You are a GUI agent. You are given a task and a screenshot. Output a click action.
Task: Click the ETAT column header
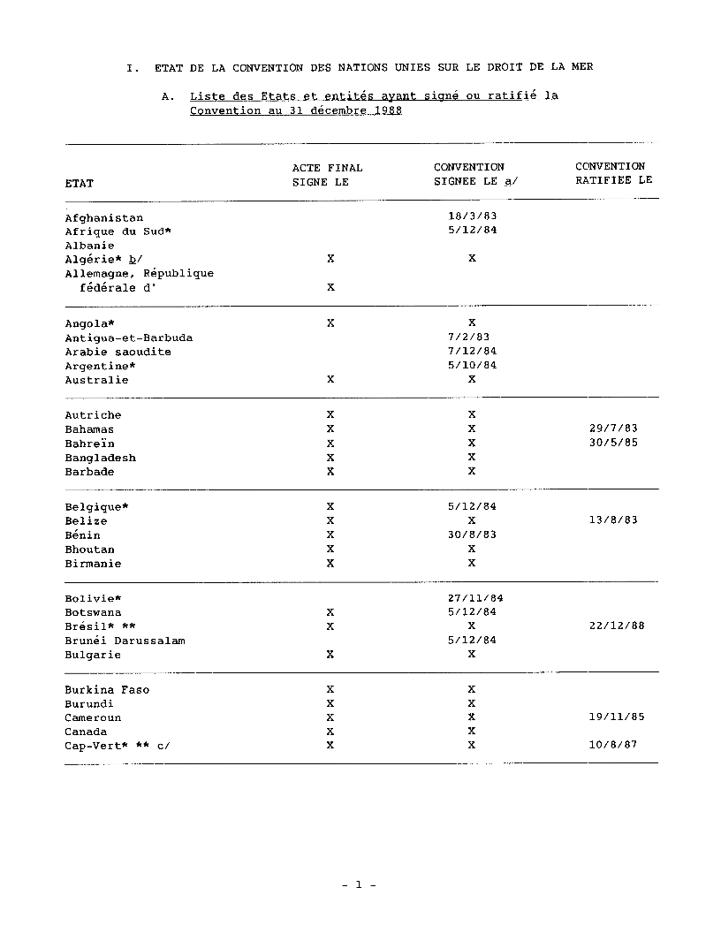pyautogui.click(x=80, y=183)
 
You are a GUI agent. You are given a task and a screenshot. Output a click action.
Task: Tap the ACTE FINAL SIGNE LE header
pyautogui.click(x=327, y=175)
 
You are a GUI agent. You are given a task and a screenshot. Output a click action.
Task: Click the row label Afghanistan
pyautogui.click(x=103, y=217)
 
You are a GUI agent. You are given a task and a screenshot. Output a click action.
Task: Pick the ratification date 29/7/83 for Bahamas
pyautogui.click(x=613, y=429)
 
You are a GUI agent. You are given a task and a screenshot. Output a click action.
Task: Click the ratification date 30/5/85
pyautogui.click(x=613, y=443)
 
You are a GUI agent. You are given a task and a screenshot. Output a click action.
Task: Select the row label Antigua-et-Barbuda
pyautogui.click(x=128, y=338)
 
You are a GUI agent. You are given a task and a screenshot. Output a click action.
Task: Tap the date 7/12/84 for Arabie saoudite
pyautogui.click(x=472, y=351)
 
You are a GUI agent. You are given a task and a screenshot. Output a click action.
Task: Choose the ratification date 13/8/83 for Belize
pyautogui.click(x=613, y=520)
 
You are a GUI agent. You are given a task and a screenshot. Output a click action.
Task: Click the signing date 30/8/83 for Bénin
pyautogui.click(x=472, y=535)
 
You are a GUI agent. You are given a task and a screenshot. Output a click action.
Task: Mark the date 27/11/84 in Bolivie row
pyautogui.click(x=475, y=598)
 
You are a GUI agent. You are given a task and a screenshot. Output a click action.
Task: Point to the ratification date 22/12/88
pyautogui.click(x=617, y=626)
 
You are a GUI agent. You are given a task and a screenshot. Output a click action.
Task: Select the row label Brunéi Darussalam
pyautogui.click(x=125, y=641)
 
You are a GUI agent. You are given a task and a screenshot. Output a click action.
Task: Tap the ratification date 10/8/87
pyautogui.click(x=613, y=745)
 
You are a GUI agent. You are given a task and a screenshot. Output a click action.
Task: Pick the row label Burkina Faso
pyautogui.click(x=107, y=690)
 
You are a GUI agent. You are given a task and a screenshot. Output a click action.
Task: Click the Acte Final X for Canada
pyautogui.click(x=330, y=732)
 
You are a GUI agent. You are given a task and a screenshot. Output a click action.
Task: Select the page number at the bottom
pyautogui.click(x=360, y=884)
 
